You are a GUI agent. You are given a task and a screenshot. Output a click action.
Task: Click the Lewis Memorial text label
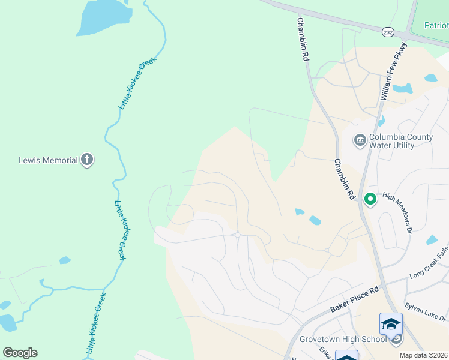pos(48,160)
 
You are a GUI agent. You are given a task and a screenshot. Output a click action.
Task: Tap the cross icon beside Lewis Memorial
pos(87,160)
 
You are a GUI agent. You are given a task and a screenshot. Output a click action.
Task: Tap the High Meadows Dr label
pos(398,212)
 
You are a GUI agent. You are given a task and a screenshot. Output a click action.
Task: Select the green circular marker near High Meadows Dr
pos(370,198)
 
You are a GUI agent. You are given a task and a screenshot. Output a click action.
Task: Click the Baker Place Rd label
pos(355,299)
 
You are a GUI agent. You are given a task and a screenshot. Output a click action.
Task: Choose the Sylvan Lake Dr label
pos(426,313)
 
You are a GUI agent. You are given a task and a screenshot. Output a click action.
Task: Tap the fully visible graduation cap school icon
pos(391,324)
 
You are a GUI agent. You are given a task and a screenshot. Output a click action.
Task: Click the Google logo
pos(20,353)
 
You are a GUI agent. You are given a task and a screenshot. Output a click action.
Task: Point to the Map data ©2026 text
pos(424,355)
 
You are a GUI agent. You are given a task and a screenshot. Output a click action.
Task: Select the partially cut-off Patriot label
pos(436,26)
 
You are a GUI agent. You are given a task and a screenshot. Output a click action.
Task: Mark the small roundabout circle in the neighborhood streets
pos(238,235)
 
